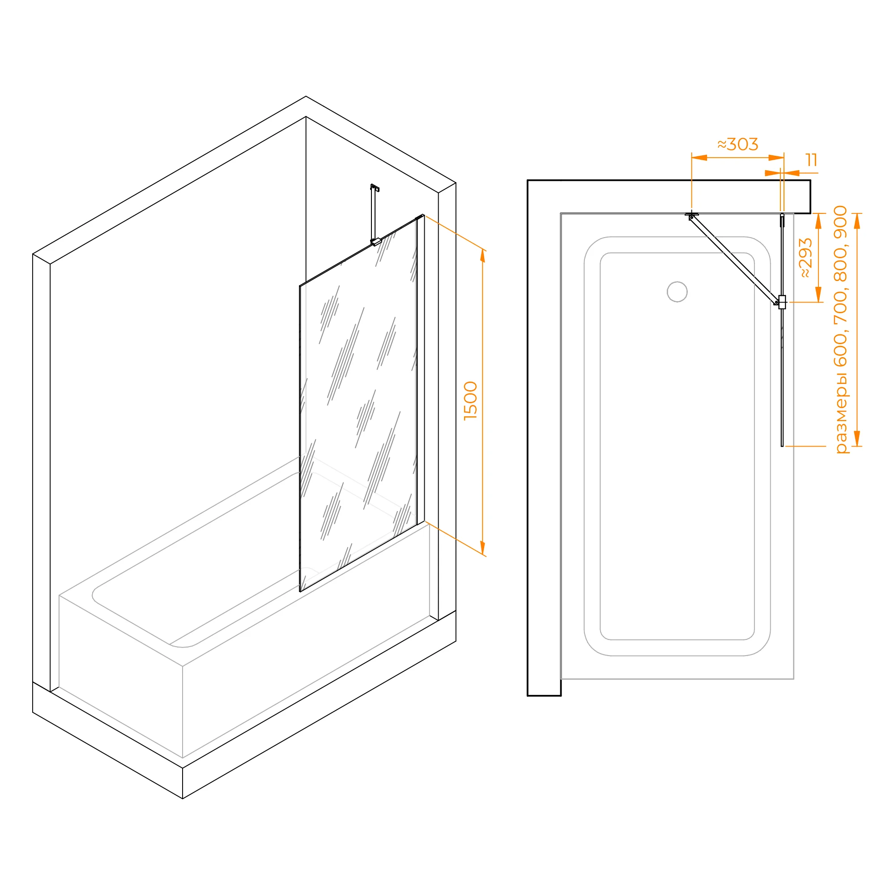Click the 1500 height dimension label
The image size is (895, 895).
[470, 401]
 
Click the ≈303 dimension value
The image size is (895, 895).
[738, 144]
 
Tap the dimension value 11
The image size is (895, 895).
[812, 160]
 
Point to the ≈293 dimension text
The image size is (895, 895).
[806, 258]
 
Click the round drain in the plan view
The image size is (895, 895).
[677, 292]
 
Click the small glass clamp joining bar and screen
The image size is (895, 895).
[782, 302]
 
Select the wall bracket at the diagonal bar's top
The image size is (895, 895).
[692, 215]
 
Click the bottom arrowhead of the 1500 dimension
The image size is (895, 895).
[483, 548]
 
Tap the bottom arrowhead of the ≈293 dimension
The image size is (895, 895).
[818, 294]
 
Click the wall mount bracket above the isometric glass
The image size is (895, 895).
[375, 188]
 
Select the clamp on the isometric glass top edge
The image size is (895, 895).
[376, 241]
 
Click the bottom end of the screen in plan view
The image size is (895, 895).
[782, 446]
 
